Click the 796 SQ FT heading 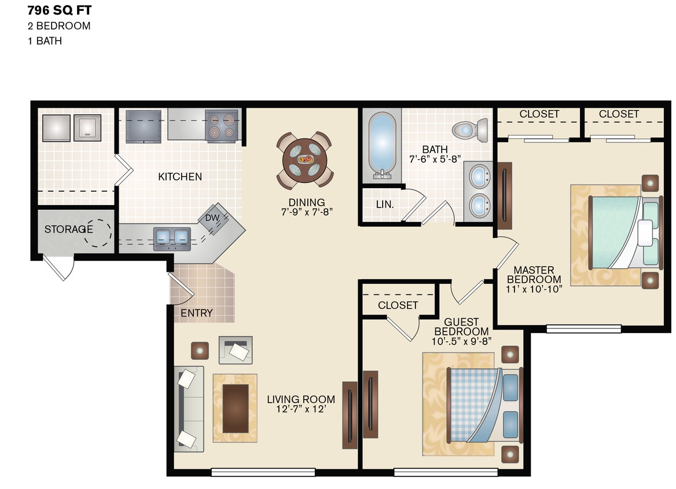tap(59, 9)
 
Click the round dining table tap(304, 160)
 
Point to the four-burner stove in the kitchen tap(221, 126)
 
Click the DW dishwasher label tap(212, 217)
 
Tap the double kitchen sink tap(172, 236)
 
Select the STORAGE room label tap(68, 229)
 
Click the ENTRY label tap(197, 313)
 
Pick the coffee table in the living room tap(235, 408)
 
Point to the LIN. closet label tap(385, 205)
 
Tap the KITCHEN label tap(180, 177)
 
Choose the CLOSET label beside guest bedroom tap(398, 305)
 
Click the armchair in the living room tap(236, 349)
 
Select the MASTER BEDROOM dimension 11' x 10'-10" tap(534, 290)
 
